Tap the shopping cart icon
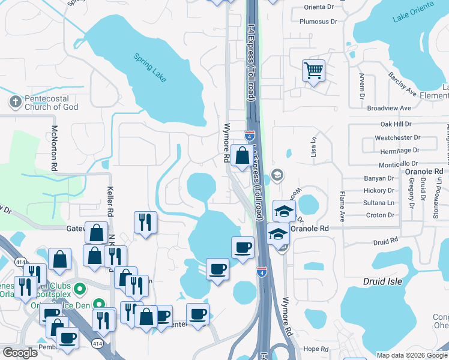coord(313,71)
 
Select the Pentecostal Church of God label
coord(52,103)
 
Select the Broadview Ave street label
coord(388,108)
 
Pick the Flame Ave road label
coord(343,206)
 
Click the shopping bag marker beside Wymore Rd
coord(241,156)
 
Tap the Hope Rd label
coord(316,349)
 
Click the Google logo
coord(20,353)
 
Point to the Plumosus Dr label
coord(318,22)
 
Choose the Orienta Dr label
coord(318,7)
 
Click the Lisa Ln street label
coord(313,145)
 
